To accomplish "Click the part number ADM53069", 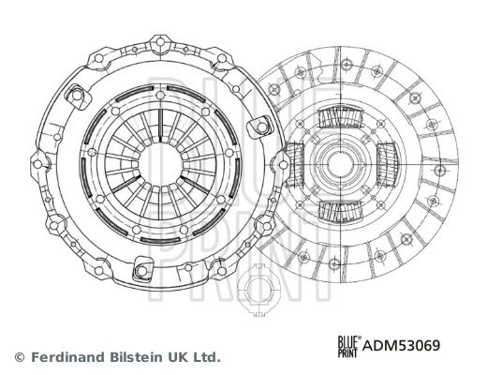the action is click(x=401, y=345).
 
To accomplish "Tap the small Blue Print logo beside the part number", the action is click(x=349, y=346).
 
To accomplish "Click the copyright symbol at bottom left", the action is click(x=20, y=356).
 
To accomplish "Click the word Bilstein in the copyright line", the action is click(x=136, y=356).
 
